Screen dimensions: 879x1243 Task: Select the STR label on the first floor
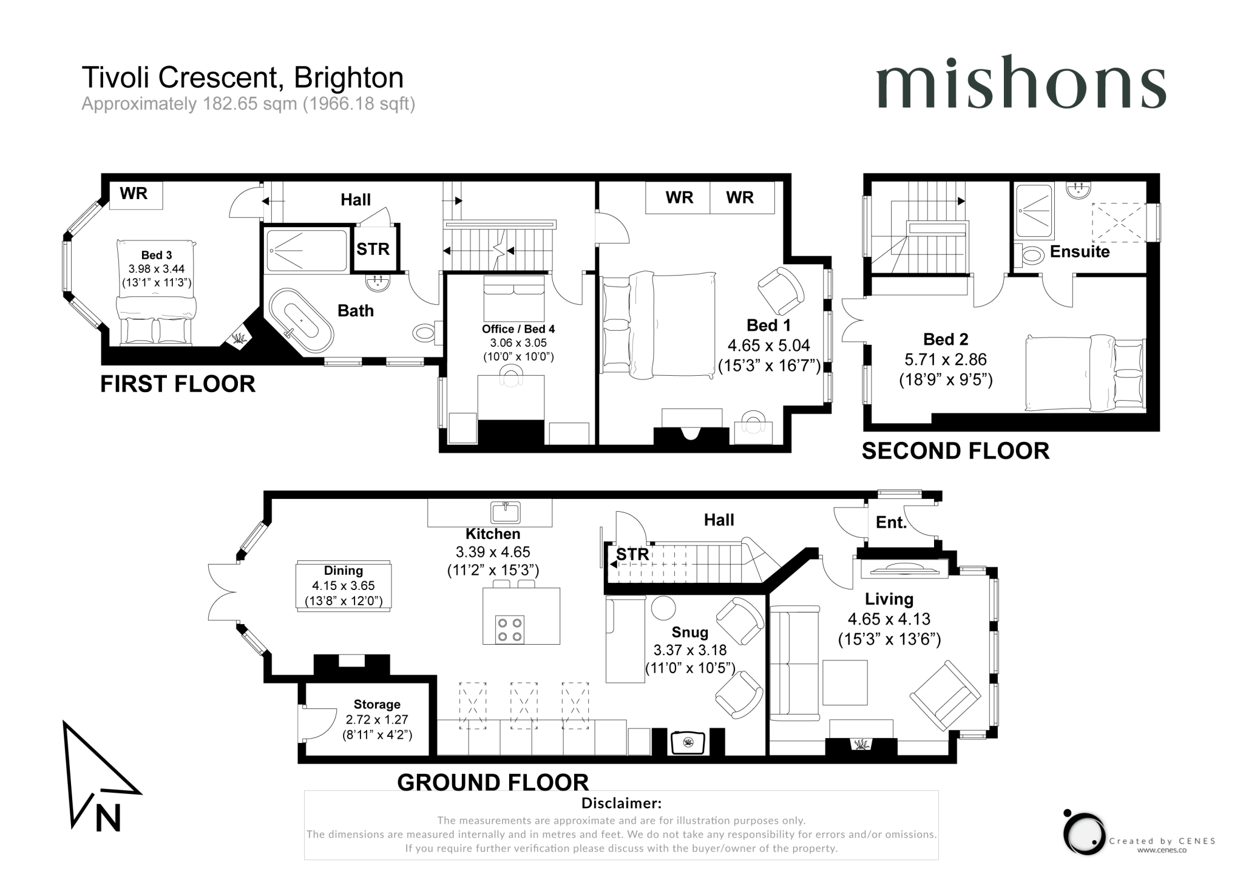point(373,249)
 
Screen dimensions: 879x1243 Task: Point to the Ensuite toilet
point(1032,256)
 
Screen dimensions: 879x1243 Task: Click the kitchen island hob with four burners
point(509,630)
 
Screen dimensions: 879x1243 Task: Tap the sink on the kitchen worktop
point(505,512)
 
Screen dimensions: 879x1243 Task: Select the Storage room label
point(377,704)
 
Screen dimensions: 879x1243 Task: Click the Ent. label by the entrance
point(890,523)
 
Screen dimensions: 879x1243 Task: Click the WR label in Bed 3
point(134,194)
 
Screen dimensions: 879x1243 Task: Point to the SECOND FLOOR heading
point(955,451)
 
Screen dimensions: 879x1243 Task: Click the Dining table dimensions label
point(344,586)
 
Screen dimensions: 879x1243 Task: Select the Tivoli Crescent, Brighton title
point(242,78)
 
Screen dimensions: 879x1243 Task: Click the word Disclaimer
point(621,803)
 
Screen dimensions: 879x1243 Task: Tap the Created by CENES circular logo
point(1084,833)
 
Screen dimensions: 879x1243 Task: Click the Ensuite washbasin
point(1079,191)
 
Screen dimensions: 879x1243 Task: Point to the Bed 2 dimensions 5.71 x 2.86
point(946,359)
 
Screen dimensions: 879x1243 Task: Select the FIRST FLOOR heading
point(177,384)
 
